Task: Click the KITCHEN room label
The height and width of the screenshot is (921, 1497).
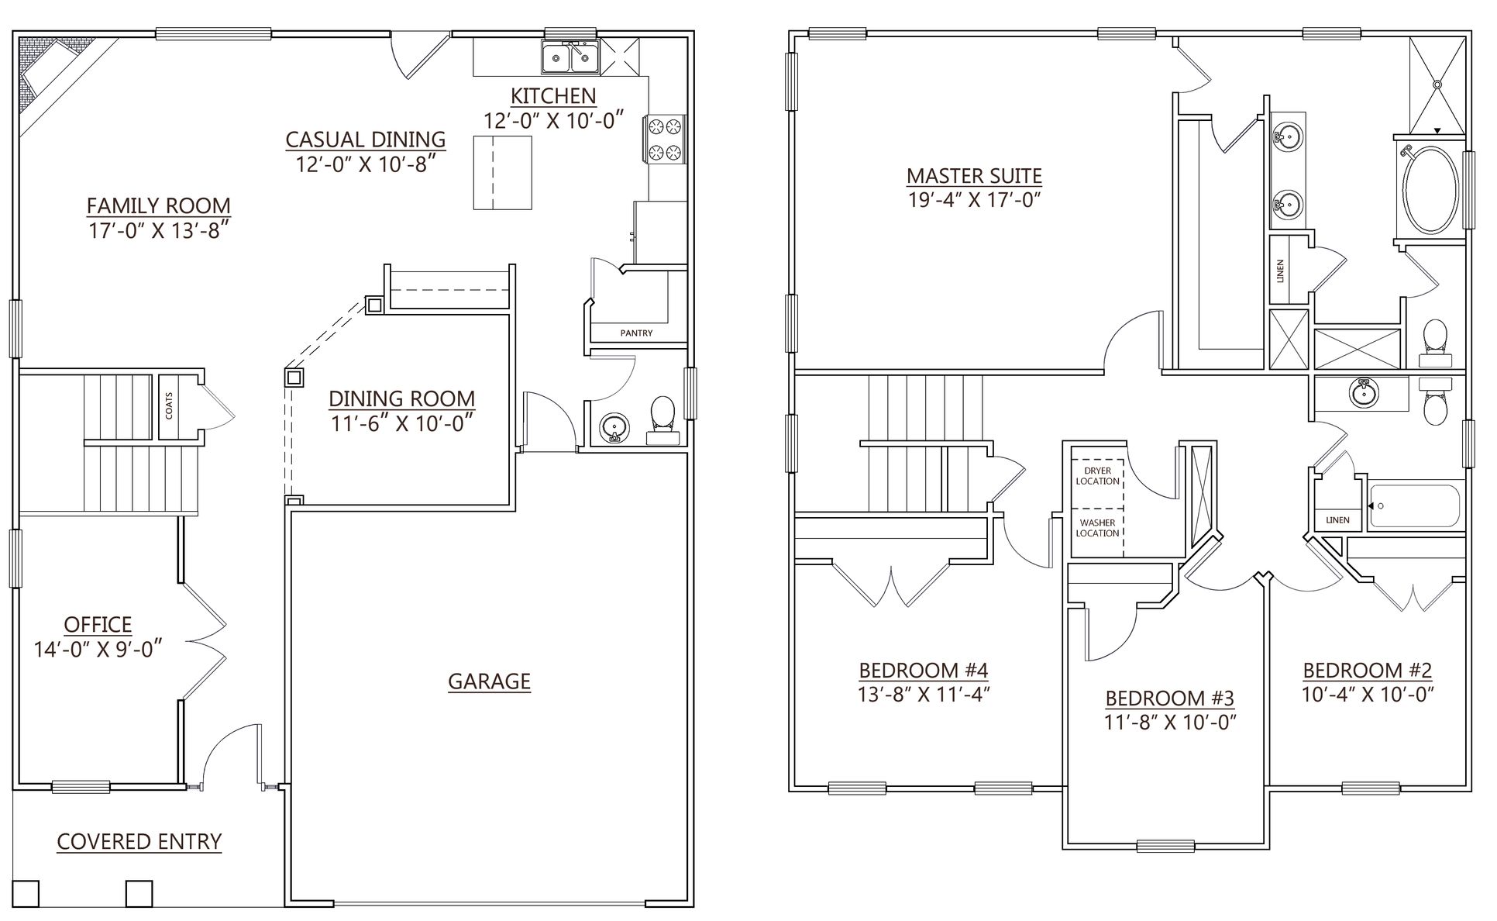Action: pos(553,96)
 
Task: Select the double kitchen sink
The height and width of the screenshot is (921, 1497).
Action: pos(570,57)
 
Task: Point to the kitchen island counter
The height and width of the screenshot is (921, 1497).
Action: pos(503,172)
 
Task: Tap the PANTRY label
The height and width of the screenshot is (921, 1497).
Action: pos(636,333)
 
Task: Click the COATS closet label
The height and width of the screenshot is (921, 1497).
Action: pos(169,406)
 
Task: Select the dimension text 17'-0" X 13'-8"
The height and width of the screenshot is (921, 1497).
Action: pos(159,231)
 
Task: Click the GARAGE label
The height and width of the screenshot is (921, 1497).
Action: pos(489,681)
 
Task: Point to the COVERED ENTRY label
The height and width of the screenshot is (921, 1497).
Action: pos(139,841)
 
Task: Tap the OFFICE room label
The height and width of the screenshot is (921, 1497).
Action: pos(98,624)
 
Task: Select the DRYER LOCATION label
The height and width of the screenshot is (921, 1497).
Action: pos(1097,476)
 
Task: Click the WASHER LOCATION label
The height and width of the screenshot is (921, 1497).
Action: pos(1097,528)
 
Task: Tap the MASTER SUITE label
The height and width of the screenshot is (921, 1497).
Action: pos(974,176)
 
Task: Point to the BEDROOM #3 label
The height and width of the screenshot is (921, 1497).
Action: pos(1169,698)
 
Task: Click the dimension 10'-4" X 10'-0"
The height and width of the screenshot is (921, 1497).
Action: pos(1368,694)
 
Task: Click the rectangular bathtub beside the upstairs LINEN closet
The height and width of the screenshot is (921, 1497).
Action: pos(1414,505)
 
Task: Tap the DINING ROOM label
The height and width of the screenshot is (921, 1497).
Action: pos(401,398)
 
